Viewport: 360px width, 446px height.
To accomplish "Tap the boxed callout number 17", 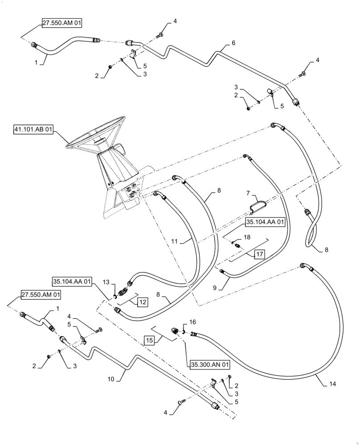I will click(x=260, y=255).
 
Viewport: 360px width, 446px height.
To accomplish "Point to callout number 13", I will click(x=106, y=282).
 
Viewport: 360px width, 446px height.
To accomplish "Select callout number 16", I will click(x=192, y=321).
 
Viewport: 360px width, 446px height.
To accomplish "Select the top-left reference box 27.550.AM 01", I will click(x=62, y=24).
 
